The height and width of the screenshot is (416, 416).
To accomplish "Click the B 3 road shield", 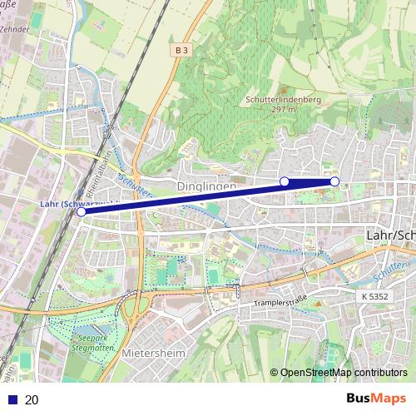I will (182, 51).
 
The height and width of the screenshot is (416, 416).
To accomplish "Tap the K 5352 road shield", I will (376, 296).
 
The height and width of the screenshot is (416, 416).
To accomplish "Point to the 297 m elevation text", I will (284, 109).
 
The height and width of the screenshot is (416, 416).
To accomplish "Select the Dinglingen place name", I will (206, 188).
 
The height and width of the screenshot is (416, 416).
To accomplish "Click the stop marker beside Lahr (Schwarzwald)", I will (81, 212).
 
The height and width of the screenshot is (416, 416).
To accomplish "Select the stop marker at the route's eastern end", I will (334, 181).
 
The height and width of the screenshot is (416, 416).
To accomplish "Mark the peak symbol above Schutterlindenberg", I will (282, 89).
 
